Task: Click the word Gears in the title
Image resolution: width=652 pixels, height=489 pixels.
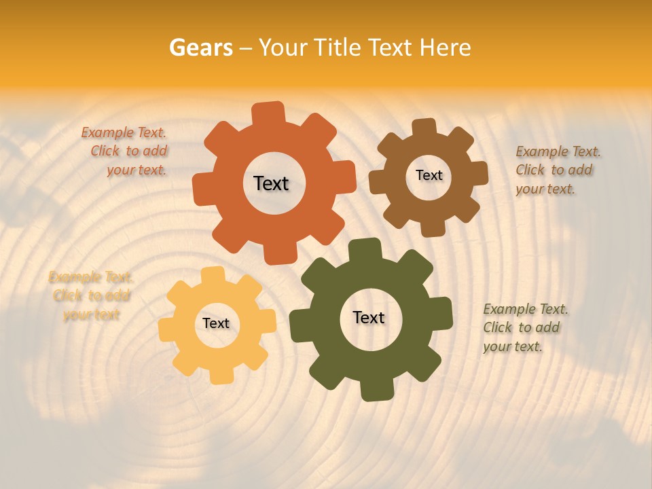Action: [200, 48]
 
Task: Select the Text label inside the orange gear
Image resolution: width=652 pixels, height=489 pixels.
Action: [271, 183]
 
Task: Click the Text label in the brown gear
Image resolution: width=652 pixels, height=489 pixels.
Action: [429, 175]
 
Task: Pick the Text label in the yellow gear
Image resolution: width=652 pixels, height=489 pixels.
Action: [216, 323]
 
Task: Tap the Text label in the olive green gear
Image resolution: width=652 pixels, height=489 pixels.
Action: [369, 317]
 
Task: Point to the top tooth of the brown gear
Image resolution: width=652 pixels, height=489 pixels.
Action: [424, 128]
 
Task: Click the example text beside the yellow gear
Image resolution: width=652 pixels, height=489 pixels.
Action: [91, 295]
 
